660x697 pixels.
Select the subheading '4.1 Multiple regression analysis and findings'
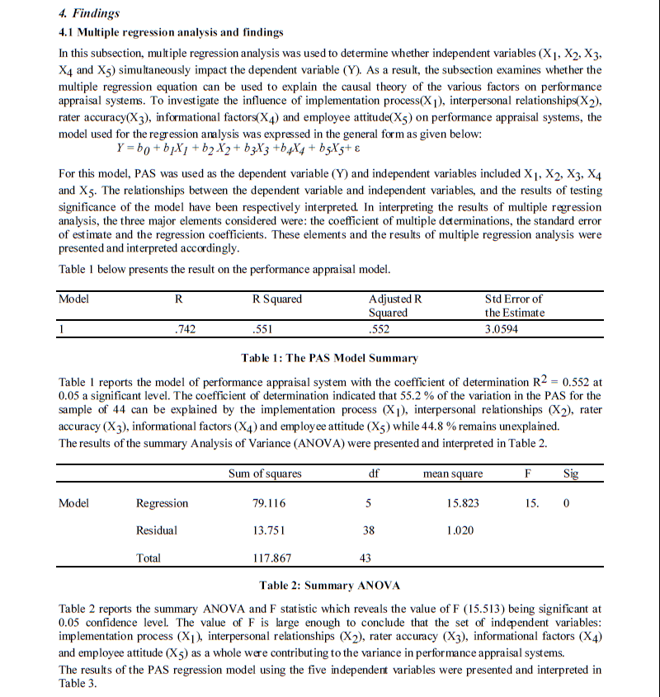171,32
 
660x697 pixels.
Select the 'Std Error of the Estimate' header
514,305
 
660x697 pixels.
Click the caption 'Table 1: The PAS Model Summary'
329,358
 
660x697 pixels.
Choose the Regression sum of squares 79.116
271,503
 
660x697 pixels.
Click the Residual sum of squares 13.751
271,530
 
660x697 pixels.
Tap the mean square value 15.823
463,503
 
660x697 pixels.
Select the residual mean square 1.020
460,530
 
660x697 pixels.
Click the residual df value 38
368,530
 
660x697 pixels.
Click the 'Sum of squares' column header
265,473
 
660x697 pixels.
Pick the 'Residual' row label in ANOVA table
157,530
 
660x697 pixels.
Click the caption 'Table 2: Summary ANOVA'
329,586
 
